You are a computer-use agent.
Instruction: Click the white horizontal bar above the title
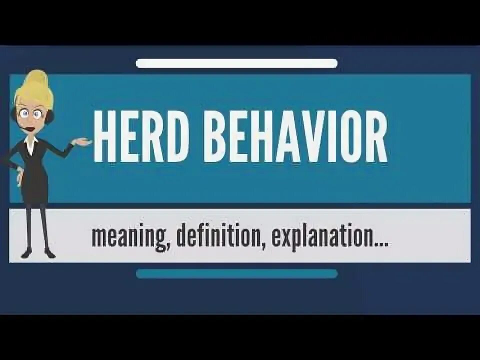tap(236, 63)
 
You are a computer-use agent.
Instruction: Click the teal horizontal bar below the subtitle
tap(236, 273)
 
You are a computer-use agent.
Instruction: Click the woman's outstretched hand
tap(82, 142)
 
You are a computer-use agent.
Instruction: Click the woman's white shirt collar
tap(31, 142)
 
